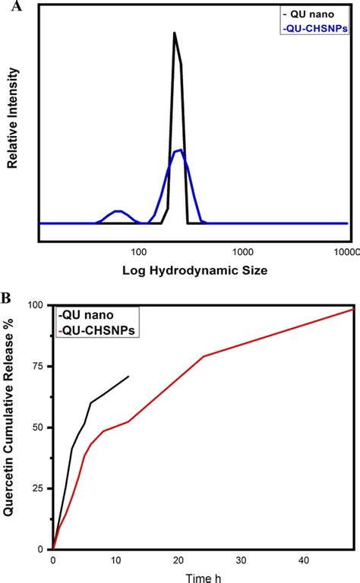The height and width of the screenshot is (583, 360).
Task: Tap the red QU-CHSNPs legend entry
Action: coord(96,331)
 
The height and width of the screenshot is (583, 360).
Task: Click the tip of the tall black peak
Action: coord(175,33)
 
